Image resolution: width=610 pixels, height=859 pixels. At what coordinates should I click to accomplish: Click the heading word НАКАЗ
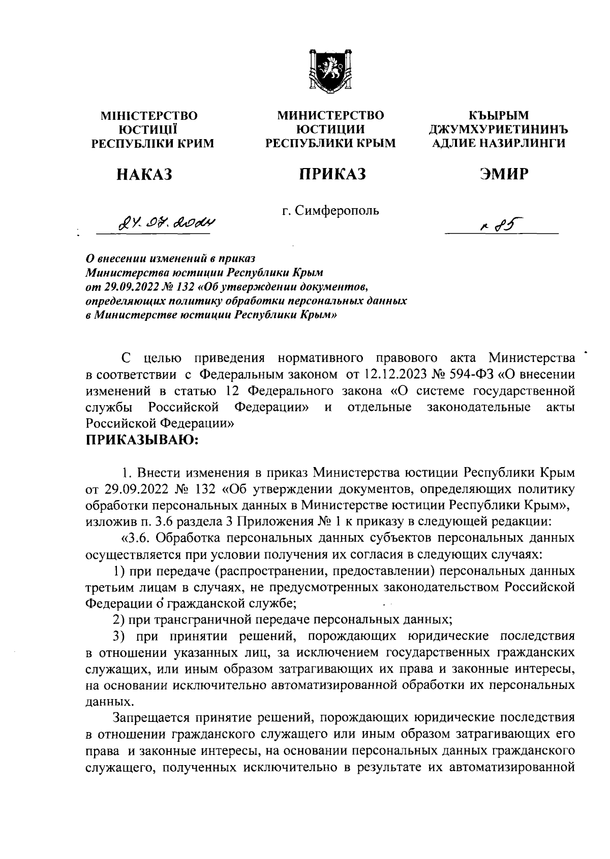[144, 175]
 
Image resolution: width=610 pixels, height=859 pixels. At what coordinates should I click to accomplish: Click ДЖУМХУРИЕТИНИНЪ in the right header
[498, 129]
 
